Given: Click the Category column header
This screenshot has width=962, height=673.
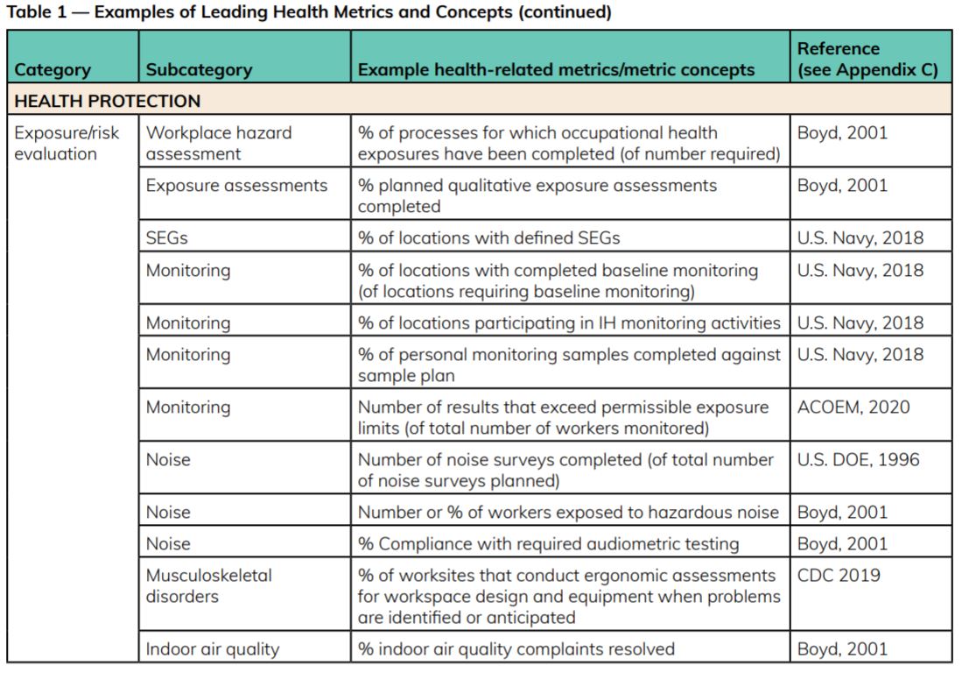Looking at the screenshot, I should pyautogui.click(x=53, y=70).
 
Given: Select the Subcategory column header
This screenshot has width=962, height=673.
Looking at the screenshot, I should pyautogui.click(x=199, y=70).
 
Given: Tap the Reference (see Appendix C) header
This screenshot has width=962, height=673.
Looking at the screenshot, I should pyautogui.click(x=867, y=60).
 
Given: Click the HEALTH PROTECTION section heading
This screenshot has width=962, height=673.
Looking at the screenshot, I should pyautogui.click(x=108, y=101).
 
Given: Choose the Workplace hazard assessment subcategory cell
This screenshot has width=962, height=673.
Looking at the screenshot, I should pyautogui.click(x=219, y=143).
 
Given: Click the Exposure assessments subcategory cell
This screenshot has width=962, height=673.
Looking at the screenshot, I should pyautogui.click(x=236, y=186).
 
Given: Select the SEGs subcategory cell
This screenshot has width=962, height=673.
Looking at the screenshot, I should pyautogui.click(x=166, y=237).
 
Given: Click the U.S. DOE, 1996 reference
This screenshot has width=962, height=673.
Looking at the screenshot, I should pyautogui.click(x=858, y=459).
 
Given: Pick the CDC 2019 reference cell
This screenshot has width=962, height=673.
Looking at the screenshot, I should pyautogui.click(x=839, y=576).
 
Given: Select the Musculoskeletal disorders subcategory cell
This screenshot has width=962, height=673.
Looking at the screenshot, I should pyautogui.click(x=208, y=585).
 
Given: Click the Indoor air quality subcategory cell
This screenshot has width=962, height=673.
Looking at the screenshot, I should pyautogui.click(x=212, y=649).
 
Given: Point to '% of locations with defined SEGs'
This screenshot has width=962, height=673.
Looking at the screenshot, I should pyautogui.click(x=490, y=237).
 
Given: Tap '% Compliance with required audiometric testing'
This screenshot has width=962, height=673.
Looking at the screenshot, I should pyautogui.click(x=548, y=544).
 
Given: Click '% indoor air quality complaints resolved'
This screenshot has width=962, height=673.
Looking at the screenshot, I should pyautogui.click(x=516, y=649).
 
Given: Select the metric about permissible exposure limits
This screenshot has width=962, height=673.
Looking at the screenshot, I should pyautogui.click(x=563, y=417).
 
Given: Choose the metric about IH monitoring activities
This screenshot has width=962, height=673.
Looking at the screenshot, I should pyautogui.click(x=569, y=323).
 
